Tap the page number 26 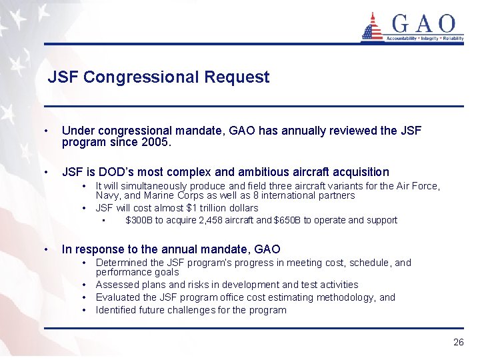(458, 342)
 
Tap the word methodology (341, 297)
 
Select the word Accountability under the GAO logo (399, 39)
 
